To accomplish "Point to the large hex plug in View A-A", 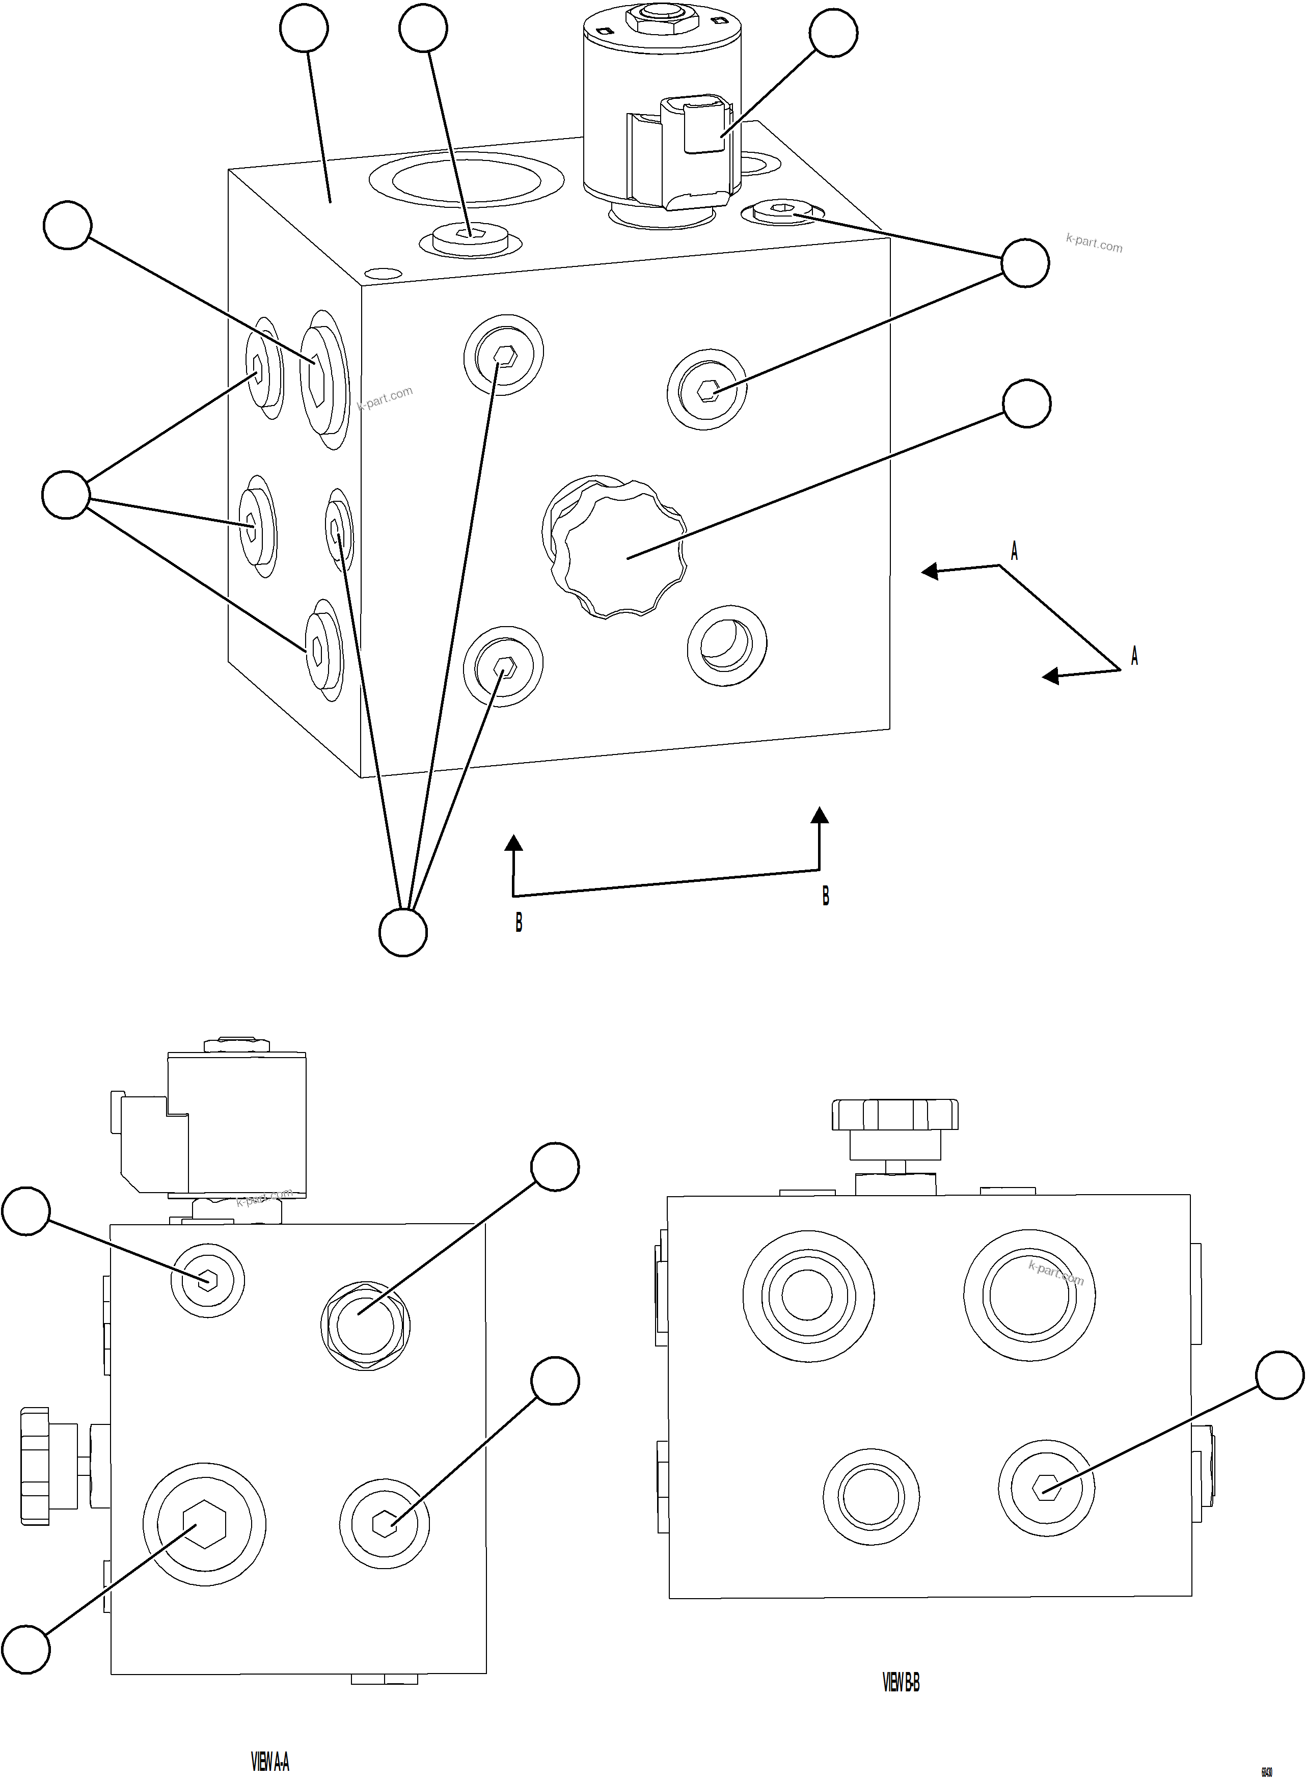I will coord(204,1524).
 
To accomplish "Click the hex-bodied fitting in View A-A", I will coord(364,1321).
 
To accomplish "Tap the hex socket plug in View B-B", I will coord(1046,1487).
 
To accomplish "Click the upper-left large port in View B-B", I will coord(808,1295).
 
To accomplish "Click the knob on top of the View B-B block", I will coord(895,1115).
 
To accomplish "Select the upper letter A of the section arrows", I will coord(1014,551).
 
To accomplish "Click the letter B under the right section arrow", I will coord(825,896).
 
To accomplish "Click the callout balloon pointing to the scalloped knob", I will coord(1026,403).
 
